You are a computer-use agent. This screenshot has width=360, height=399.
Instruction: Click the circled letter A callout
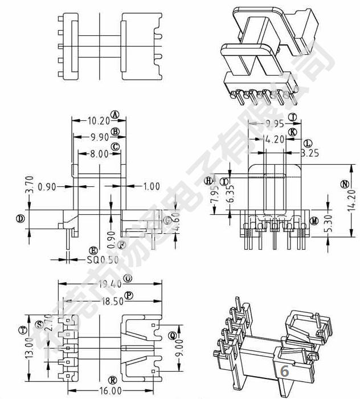116,115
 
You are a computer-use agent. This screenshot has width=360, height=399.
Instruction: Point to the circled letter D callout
20,218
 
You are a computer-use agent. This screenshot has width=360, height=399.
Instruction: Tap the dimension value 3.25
310,153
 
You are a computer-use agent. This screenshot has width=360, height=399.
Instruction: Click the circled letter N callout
344,184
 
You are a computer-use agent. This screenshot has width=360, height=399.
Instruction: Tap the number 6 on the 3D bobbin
285,371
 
